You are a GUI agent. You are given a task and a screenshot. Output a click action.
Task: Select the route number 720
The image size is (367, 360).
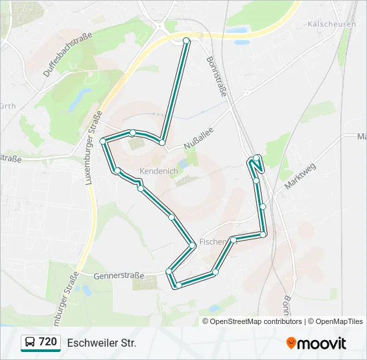[x=47, y=342]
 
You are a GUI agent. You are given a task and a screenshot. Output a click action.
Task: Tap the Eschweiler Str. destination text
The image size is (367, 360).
[x=101, y=343]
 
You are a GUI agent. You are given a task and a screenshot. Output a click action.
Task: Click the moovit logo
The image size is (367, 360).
[x=316, y=343]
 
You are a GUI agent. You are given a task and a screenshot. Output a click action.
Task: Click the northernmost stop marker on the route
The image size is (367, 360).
[x=186, y=41]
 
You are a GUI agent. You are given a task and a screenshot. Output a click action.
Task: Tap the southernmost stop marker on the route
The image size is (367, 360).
[x=178, y=285]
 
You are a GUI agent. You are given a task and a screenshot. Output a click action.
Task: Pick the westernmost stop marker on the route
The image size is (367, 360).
[x=103, y=141]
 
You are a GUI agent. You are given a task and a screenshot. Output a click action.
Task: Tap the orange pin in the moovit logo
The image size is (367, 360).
[x=291, y=343]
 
